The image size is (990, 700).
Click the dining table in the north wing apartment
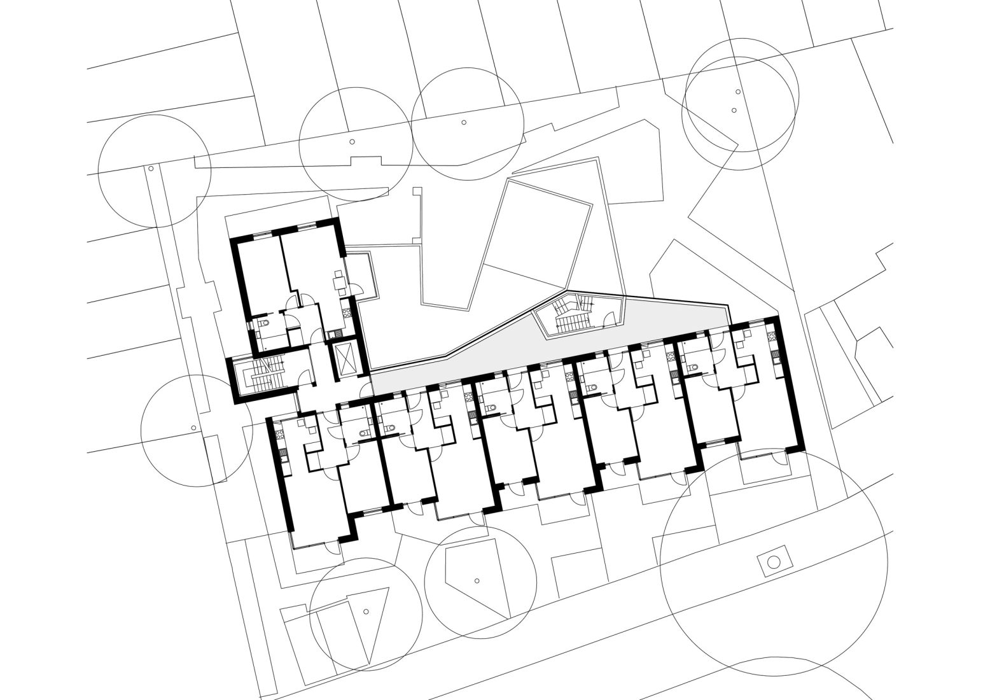tap(339, 279)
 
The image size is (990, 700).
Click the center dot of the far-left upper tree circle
tap(151, 169)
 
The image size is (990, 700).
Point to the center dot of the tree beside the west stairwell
tap(193, 428)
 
